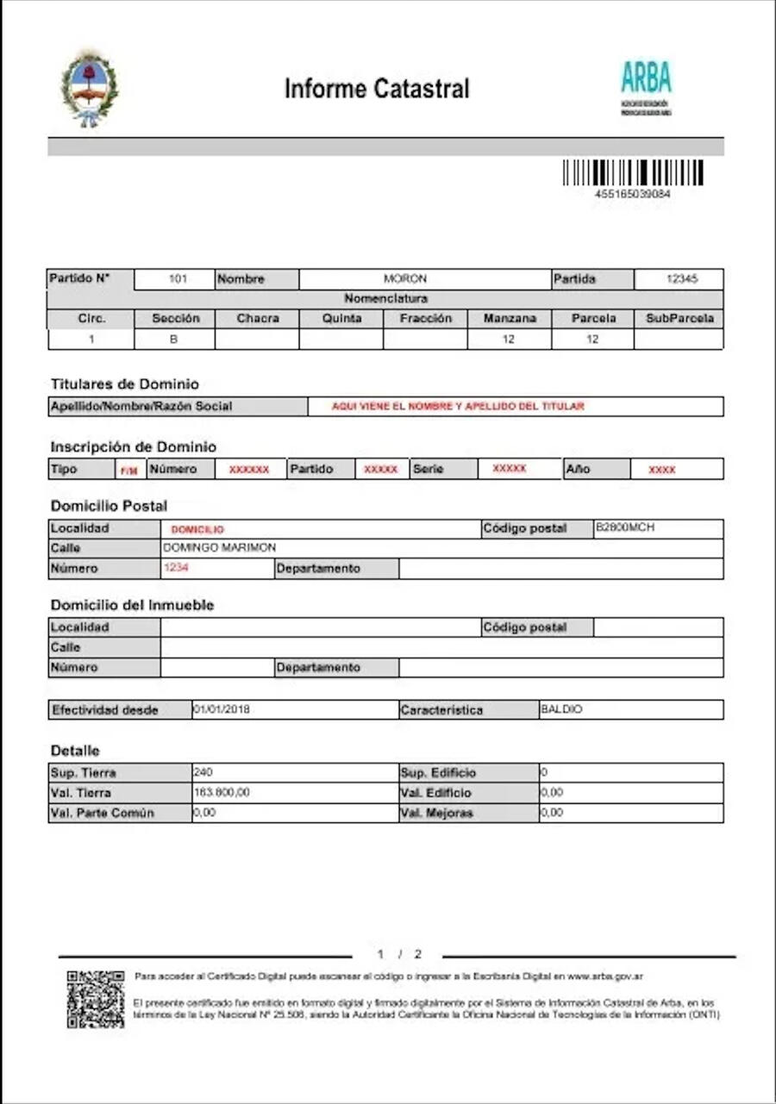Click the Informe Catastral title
click(x=377, y=89)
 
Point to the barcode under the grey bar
click(x=633, y=172)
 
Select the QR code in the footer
click(x=95, y=999)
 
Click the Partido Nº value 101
click(x=178, y=279)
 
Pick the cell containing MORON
click(x=405, y=279)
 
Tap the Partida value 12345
click(x=681, y=279)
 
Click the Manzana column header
click(x=510, y=318)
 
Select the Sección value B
click(x=173, y=340)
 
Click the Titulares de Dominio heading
click(x=124, y=384)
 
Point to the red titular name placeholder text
click(x=458, y=406)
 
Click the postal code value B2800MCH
click(x=625, y=527)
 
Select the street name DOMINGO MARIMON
click(x=220, y=548)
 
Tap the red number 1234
click(x=176, y=568)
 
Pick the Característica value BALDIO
click(x=561, y=709)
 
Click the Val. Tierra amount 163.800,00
click(x=222, y=792)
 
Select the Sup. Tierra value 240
click(x=203, y=772)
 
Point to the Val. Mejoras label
click(x=436, y=813)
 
